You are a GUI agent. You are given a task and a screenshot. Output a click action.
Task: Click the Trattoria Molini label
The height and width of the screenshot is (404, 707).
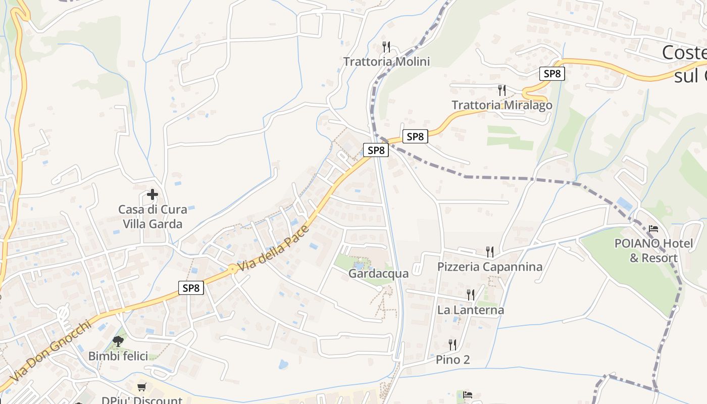click(386, 62)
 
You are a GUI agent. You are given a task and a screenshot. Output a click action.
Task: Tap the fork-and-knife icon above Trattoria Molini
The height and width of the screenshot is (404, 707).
click(386, 47)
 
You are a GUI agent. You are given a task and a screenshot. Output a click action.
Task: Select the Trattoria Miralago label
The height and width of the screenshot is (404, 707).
click(501, 105)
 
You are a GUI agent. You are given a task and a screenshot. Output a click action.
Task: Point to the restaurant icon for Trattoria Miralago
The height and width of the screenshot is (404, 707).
click(501, 90)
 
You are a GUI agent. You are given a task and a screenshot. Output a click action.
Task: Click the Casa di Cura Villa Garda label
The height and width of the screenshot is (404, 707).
click(152, 217)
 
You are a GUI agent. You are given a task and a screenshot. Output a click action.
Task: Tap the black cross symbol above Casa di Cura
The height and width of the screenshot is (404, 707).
click(152, 194)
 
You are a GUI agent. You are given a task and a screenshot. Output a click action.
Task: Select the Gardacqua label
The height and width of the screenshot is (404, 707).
click(378, 274)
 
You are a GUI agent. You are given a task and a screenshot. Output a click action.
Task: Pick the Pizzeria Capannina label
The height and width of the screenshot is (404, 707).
click(489, 267)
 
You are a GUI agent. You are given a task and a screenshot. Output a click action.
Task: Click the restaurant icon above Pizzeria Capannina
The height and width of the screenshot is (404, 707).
click(489, 251)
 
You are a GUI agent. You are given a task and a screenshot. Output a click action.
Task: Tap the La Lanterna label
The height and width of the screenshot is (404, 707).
click(470, 310)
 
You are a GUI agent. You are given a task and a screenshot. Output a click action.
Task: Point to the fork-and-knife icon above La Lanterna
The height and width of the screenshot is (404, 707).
click(470, 294)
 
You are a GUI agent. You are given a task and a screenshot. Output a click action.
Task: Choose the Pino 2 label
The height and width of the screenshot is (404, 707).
click(452, 360)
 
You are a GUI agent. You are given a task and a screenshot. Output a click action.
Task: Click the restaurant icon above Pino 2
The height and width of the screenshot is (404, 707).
click(452, 344)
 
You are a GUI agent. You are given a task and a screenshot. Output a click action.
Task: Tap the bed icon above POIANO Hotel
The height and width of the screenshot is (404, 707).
click(653, 229)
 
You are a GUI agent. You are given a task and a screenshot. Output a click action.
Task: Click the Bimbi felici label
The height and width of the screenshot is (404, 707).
click(118, 356)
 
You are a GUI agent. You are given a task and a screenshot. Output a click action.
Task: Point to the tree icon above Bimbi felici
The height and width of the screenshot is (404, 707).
click(118, 341)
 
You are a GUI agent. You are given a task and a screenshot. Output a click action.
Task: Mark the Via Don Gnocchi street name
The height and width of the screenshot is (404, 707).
click(50, 351)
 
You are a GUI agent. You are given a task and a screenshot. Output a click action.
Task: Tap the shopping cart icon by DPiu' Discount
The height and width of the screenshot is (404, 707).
click(142, 387)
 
